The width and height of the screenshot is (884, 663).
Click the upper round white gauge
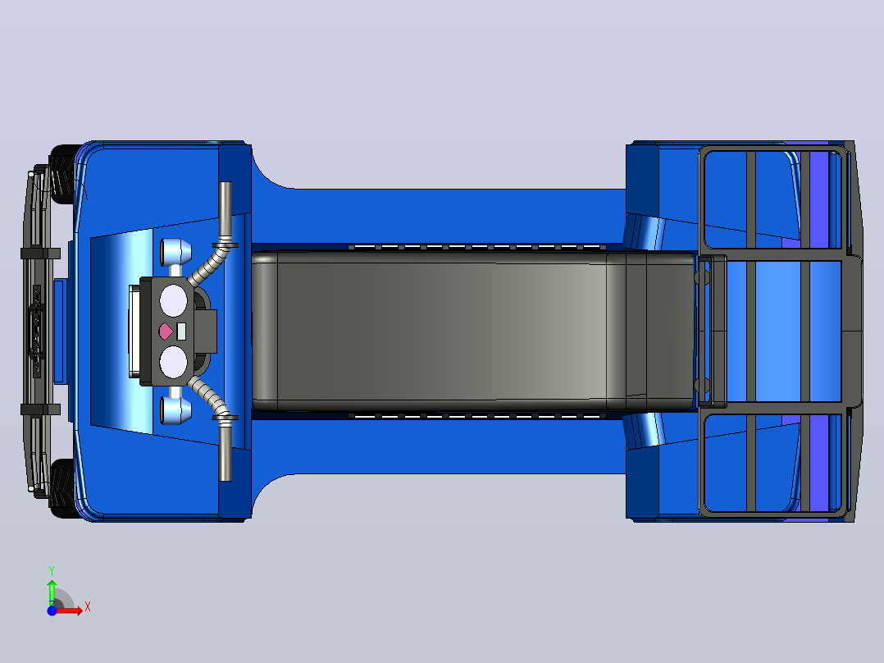(x=173, y=300)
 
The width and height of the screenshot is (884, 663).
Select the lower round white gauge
(x=173, y=362)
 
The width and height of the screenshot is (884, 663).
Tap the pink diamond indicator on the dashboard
(x=166, y=331)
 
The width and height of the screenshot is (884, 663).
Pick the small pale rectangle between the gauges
(x=181, y=331)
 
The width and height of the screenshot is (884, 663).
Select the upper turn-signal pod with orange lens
(x=175, y=252)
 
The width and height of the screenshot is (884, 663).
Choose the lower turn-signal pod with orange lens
(x=175, y=410)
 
